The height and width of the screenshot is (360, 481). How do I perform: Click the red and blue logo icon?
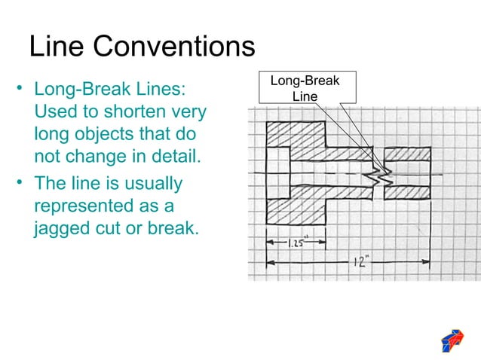pos(452,340)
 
